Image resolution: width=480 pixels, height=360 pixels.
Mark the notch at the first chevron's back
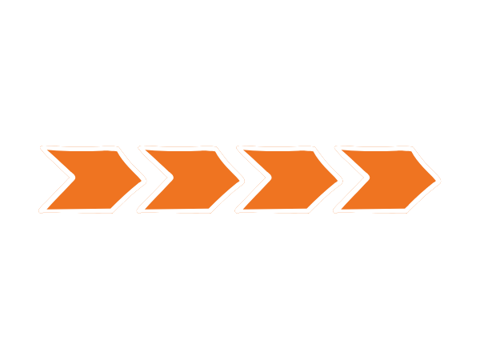66,180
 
